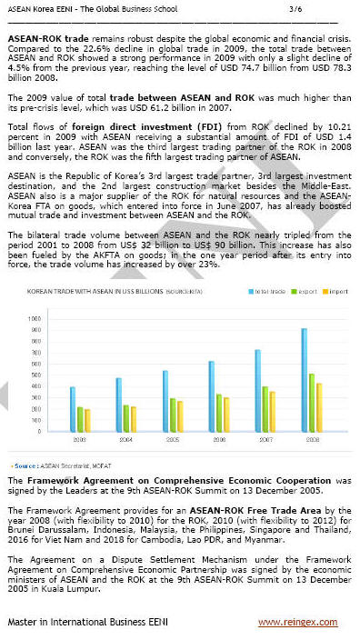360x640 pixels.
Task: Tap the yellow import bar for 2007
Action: coord(273,411)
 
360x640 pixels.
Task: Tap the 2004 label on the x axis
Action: coord(125,439)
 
